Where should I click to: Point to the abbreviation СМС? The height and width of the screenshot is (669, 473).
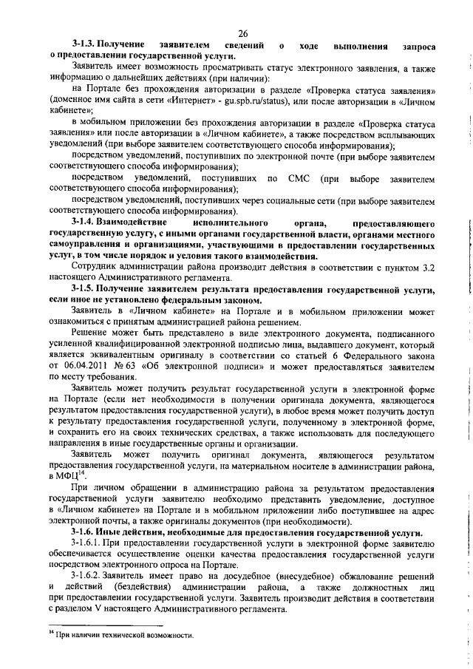coord(295,179)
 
